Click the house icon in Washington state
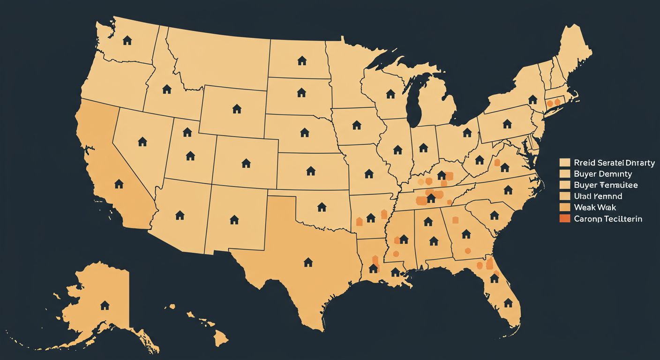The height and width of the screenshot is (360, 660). click(x=127, y=40)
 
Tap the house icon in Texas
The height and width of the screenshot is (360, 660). click(x=308, y=262)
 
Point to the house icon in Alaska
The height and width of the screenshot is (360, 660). click(x=105, y=305)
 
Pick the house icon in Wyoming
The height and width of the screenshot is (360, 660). click(x=237, y=109)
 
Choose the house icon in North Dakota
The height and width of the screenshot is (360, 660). click(x=302, y=60)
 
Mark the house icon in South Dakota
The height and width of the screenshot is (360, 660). click(x=301, y=92)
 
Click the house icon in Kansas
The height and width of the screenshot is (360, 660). click(x=310, y=171)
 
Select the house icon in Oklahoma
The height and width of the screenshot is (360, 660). click(x=322, y=207)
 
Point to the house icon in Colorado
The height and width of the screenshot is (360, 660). click(x=246, y=163)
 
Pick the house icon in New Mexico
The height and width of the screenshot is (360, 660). click(x=234, y=219)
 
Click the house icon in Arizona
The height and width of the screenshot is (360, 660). click(x=180, y=215)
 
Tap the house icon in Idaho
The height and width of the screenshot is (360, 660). click(x=166, y=89)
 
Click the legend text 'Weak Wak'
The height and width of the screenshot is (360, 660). click(x=595, y=207)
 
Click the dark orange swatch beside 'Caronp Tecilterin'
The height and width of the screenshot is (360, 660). click(x=565, y=218)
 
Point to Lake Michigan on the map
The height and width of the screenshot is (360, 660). click(x=412, y=103)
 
